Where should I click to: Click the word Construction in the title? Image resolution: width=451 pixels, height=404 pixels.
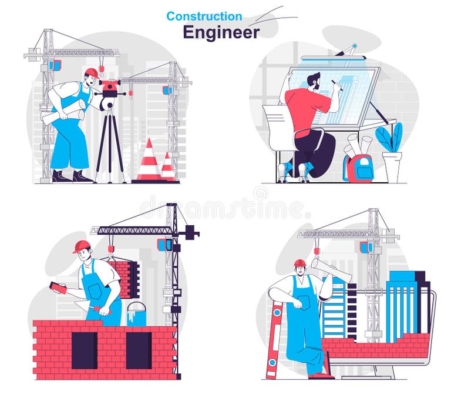pos(204,16)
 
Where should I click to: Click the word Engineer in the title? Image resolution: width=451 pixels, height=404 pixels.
pos(221,32)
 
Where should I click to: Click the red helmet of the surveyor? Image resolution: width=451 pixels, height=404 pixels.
pos(91,72)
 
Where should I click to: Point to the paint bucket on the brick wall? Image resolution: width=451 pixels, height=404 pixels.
pos(136,314)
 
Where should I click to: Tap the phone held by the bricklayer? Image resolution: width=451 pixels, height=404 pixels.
pos(58,288)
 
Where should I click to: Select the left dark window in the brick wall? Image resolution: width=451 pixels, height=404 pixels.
pos(84,350)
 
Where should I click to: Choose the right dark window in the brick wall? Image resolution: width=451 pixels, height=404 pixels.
pos(139,350)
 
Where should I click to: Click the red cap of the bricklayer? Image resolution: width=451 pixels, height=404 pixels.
pos(82,246)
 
